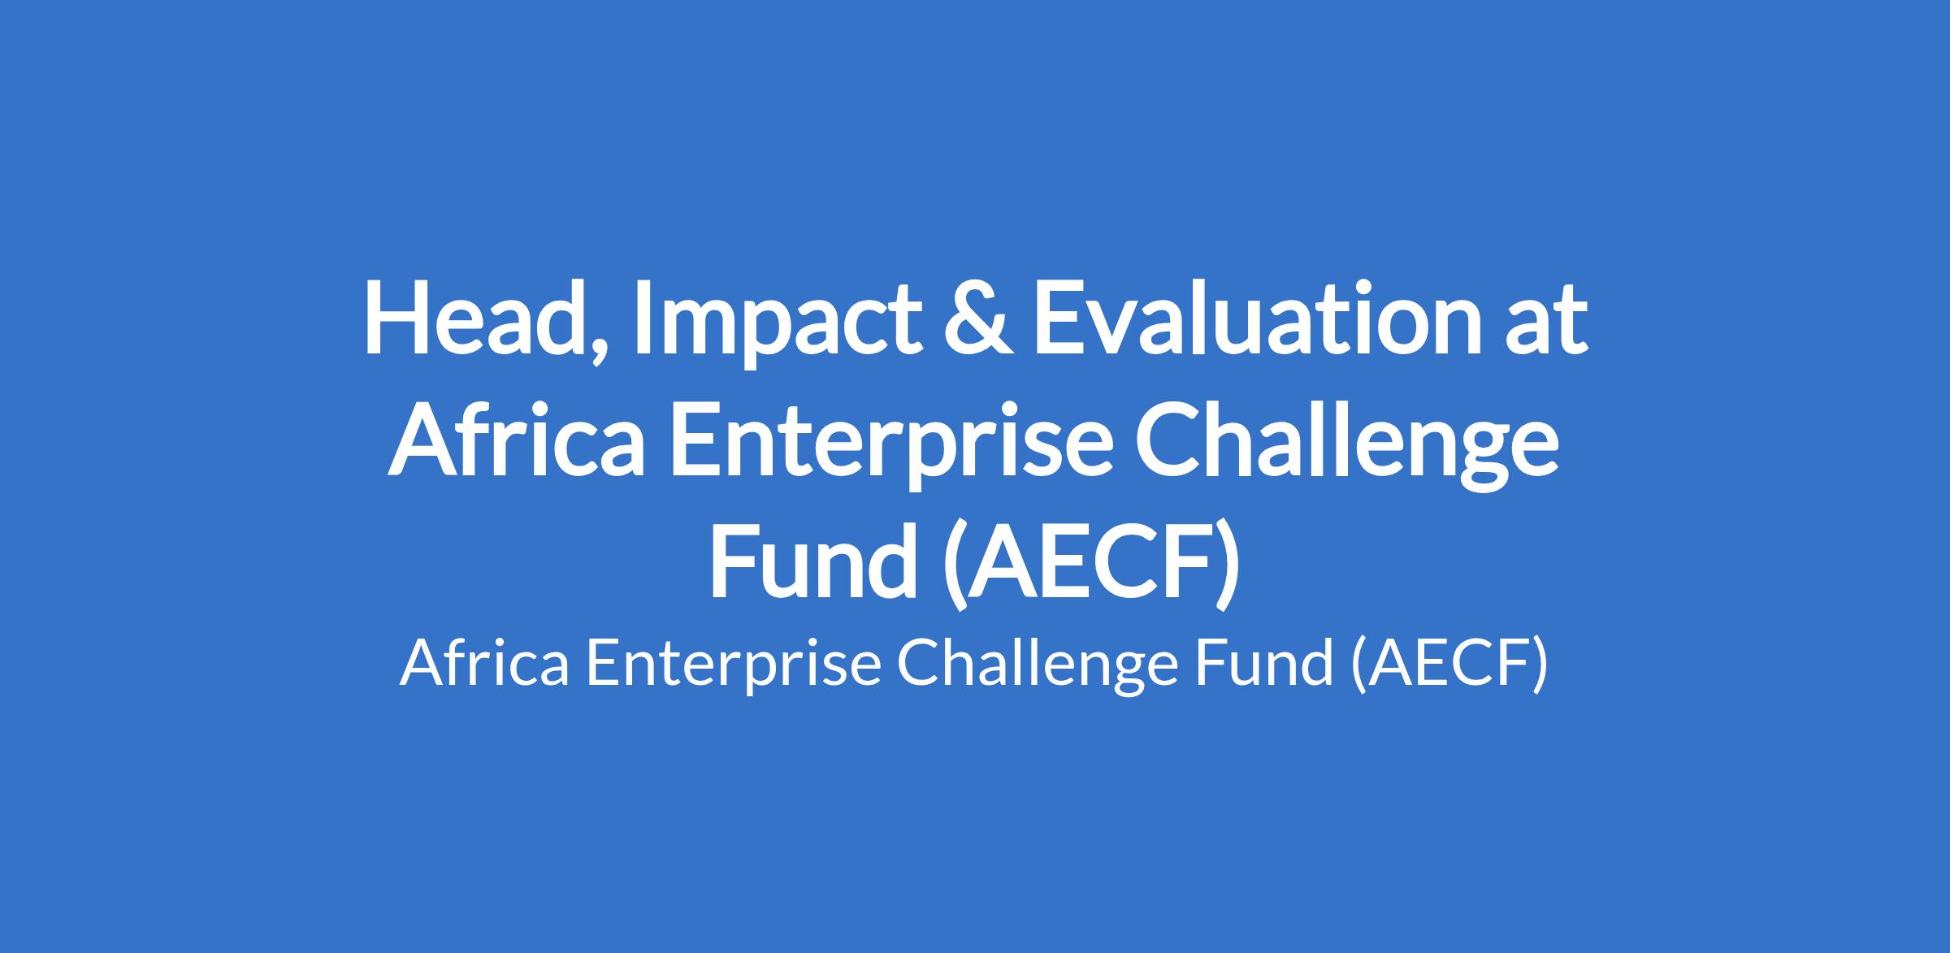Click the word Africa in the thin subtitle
point(484,663)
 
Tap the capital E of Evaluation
point(1061,318)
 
